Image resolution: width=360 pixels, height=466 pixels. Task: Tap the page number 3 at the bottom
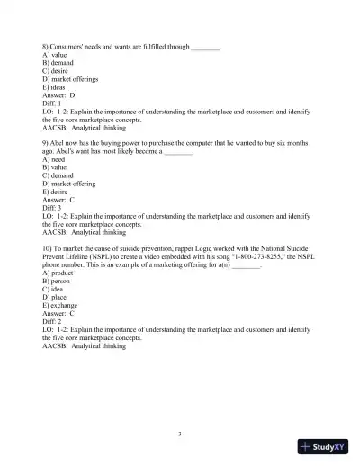[179, 435]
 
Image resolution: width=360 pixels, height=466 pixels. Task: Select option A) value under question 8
[58, 55]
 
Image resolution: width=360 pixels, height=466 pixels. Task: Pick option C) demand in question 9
[60, 175]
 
